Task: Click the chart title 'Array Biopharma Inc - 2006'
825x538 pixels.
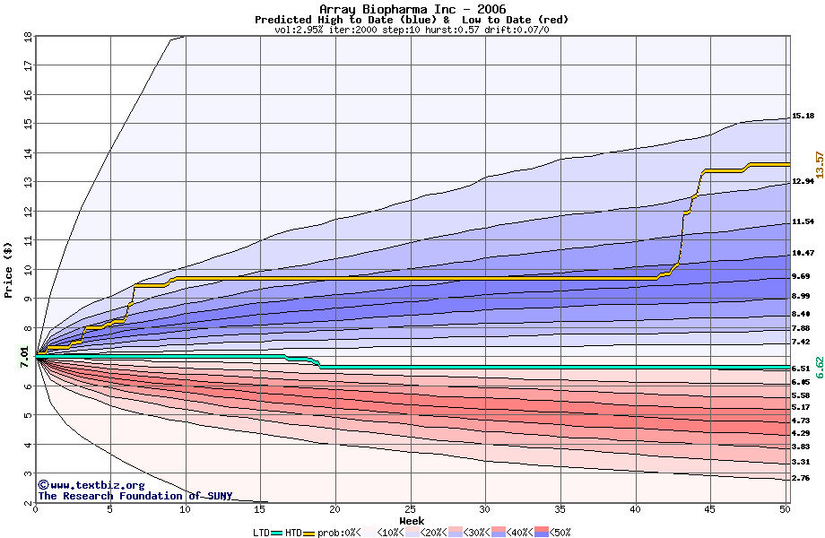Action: tap(412, 9)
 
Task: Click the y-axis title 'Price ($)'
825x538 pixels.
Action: tap(8, 269)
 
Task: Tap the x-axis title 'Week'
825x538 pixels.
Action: tap(412, 520)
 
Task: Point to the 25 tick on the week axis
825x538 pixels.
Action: tap(410, 508)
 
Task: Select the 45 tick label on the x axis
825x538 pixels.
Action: tap(709, 508)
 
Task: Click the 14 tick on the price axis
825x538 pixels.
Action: tap(28, 152)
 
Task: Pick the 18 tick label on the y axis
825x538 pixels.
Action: tap(28, 38)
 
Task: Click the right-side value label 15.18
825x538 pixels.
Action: tap(803, 116)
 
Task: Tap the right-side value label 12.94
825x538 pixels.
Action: tap(803, 181)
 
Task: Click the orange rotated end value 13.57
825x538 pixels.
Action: tap(819, 165)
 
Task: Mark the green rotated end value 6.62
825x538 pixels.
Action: tap(819, 368)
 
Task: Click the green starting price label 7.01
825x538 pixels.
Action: tap(24, 357)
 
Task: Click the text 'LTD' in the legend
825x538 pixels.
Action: tap(261, 532)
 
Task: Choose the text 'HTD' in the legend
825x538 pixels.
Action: tap(293, 532)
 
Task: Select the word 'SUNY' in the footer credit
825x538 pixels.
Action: tap(218, 496)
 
